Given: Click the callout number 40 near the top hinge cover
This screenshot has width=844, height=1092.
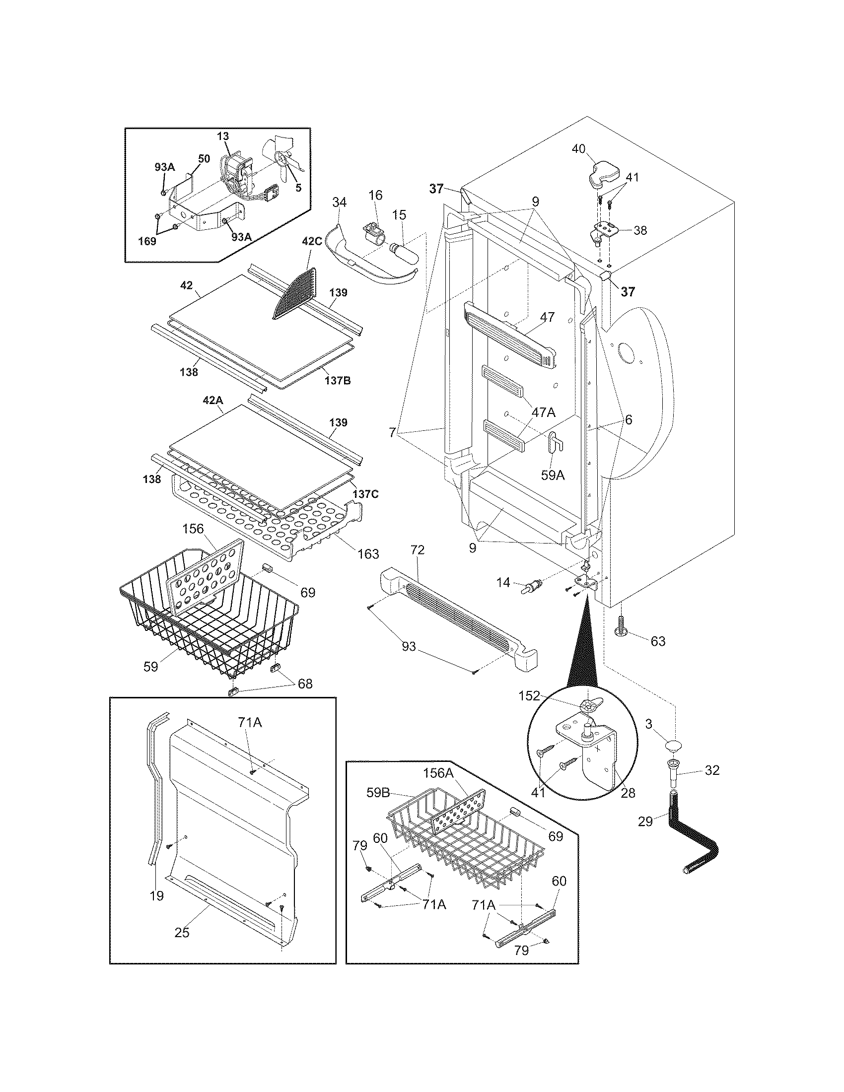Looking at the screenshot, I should pos(578,149).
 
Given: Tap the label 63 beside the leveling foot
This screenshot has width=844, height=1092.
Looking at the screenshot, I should pos(658,641).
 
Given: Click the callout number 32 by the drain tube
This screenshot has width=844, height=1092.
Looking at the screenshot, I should pos(712,770).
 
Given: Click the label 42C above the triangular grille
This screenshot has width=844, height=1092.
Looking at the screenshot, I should pos(312,255).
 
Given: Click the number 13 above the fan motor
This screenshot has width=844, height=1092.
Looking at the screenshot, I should pos(223,136).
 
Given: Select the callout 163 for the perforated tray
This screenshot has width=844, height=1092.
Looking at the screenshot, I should pos(368,553).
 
